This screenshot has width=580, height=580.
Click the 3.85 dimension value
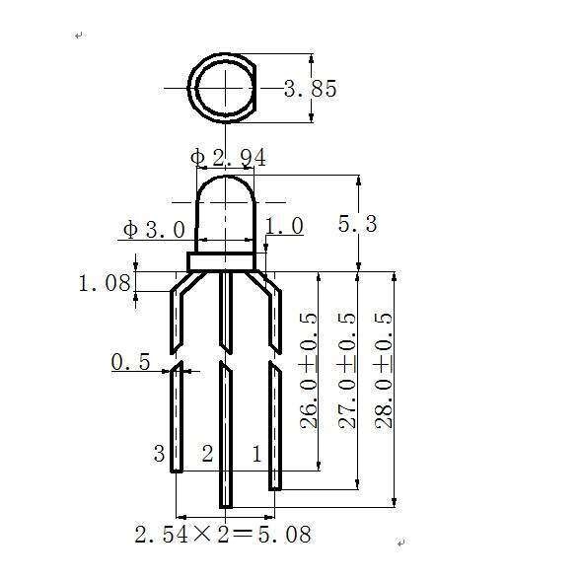tap(311, 90)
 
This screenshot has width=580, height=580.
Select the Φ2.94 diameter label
tap(228, 158)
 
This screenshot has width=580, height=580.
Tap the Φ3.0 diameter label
tap(154, 230)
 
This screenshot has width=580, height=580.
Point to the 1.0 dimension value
tap(284, 227)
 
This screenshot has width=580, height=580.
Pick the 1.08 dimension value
tap(105, 283)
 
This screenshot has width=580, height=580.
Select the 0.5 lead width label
tap(130, 363)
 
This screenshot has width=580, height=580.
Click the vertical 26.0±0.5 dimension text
tap(309, 370)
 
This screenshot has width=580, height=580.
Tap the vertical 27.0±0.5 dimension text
tap(347, 370)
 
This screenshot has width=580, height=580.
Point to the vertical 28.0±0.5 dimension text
tap(385, 370)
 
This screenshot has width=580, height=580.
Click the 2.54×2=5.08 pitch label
tap(223, 535)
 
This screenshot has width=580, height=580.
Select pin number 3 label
tap(159, 454)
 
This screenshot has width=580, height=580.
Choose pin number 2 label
tap(207, 454)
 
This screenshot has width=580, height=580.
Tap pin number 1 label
tap(257, 454)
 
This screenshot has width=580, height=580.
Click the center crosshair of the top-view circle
tap(227, 87)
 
